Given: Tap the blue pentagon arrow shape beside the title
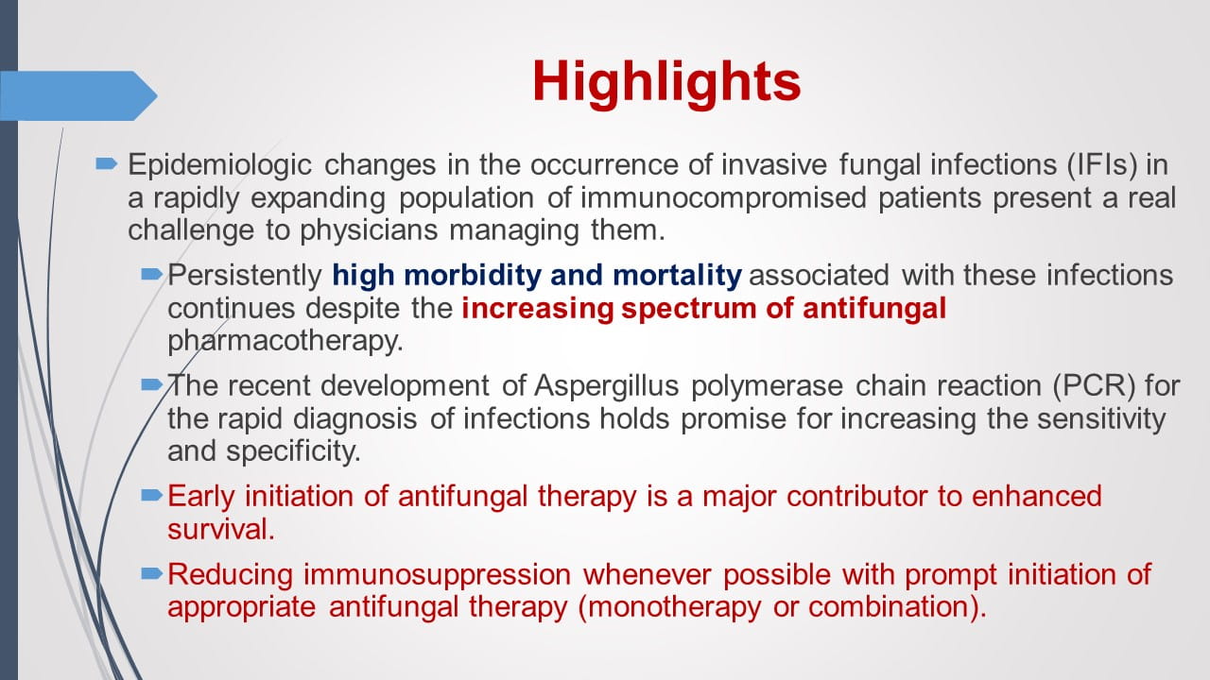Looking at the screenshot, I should coord(76,95).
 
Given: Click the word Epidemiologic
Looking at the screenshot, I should coord(220,165).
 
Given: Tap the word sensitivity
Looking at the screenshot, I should coord(1096,418).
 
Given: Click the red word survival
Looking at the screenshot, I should coord(221,528).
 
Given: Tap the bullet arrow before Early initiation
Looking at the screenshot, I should coord(151,495).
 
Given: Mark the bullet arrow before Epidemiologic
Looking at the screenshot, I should coord(106,164).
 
